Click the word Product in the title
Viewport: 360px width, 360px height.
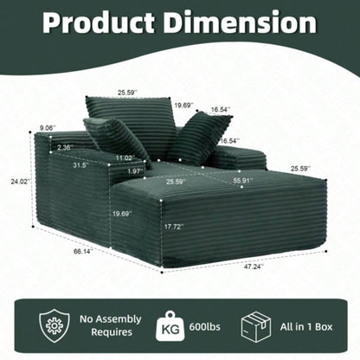pyautogui.click(x=99, y=22)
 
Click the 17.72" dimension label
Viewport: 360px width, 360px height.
pyautogui.click(x=174, y=227)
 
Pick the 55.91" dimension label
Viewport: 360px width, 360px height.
pyautogui.click(x=243, y=181)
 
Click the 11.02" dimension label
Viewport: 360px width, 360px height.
pyautogui.click(x=125, y=157)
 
